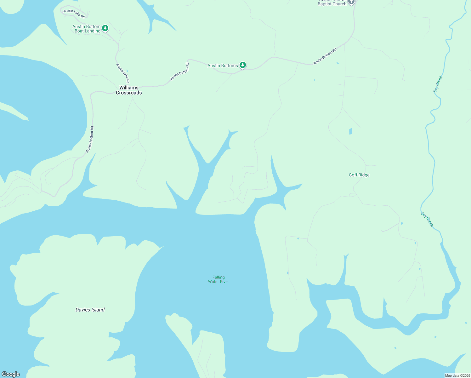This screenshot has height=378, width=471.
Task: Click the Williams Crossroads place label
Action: [x=129, y=90]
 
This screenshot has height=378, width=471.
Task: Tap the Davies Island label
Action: [x=90, y=310]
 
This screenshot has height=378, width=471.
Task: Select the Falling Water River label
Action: [x=218, y=279]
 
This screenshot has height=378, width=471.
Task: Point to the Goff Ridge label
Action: [x=359, y=175]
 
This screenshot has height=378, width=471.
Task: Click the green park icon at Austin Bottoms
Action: [x=242, y=65]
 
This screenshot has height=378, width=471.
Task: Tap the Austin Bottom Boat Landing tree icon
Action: [x=105, y=28]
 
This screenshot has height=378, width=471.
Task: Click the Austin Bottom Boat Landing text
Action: [x=87, y=29]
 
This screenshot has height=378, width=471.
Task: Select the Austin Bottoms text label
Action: [x=223, y=66]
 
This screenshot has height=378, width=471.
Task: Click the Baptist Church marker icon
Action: [x=351, y=2]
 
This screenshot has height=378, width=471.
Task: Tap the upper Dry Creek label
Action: [x=438, y=84]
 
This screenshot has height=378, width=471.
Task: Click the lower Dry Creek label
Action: [x=427, y=220]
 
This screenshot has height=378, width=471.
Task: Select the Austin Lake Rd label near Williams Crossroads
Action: [x=123, y=73]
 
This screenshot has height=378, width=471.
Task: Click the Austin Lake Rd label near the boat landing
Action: [x=74, y=14]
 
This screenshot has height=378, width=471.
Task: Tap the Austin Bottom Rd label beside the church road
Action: [x=325, y=56]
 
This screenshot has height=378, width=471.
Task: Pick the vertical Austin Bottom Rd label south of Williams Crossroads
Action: [x=90, y=140]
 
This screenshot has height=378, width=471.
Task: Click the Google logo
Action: [x=11, y=374]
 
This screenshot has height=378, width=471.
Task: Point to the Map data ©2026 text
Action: [x=457, y=375]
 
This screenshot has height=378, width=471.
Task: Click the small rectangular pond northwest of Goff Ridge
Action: [x=350, y=131]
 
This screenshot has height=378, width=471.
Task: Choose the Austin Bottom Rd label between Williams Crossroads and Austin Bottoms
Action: [x=180, y=72]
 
